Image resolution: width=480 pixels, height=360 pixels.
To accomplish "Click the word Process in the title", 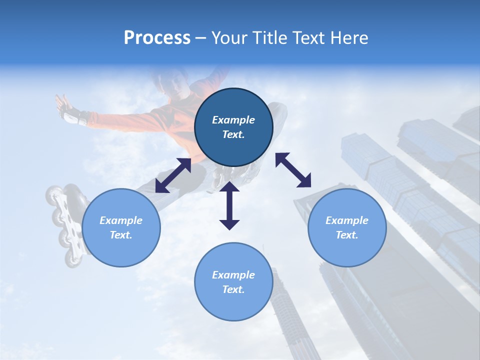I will pos(157,38).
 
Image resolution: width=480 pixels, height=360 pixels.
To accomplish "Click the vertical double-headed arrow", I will pos(229,205).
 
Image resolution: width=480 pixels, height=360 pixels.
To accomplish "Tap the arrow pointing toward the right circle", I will pos(293,170).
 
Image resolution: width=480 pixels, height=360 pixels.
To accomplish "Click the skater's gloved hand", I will pos(67,110).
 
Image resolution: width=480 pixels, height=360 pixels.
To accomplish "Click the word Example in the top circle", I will pos(233,120).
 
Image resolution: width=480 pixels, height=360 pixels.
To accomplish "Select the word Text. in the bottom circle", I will pos(233,289).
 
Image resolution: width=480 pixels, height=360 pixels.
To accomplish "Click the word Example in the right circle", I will pos(347,220).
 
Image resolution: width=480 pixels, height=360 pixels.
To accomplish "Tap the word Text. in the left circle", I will pos(121,235).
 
